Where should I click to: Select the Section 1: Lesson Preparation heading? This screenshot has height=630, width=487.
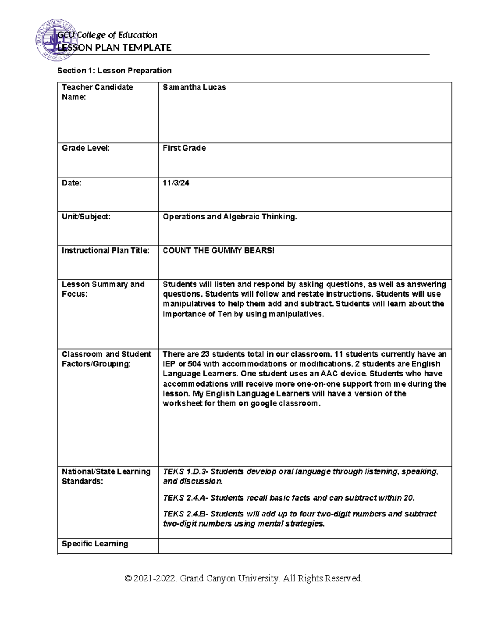(x=114, y=71)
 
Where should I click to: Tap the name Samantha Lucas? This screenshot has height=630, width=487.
(x=194, y=87)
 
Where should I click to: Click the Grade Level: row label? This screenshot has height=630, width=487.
(x=85, y=148)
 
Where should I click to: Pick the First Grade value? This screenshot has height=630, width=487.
(x=184, y=148)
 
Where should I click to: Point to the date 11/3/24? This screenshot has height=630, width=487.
(x=176, y=183)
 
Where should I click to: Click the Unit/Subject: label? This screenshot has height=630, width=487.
(x=86, y=217)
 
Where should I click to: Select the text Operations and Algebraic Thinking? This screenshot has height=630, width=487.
(x=230, y=217)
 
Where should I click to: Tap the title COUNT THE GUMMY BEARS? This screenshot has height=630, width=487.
(x=218, y=250)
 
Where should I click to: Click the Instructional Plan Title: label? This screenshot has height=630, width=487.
(x=105, y=250)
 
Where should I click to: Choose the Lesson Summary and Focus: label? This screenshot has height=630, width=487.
(x=103, y=289)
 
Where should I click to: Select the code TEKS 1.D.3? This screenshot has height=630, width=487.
(x=185, y=471)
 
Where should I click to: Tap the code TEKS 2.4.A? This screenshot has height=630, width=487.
(x=185, y=498)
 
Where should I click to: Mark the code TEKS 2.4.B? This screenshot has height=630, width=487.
(x=185, y=514)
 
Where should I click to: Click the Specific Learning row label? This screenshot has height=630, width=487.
(x=95, y=544)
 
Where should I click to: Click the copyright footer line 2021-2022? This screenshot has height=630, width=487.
(x=243, y=578)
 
